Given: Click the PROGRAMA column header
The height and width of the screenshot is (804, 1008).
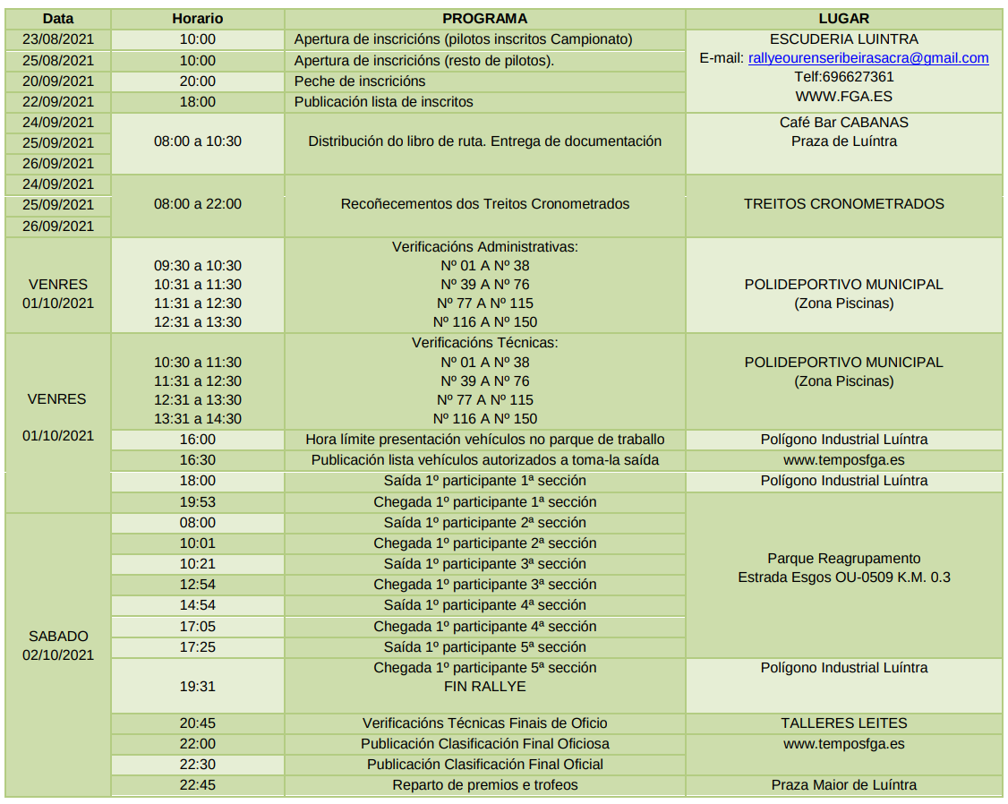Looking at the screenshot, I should [484, 19].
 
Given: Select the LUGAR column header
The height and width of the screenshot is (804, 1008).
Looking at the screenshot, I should [843, 19].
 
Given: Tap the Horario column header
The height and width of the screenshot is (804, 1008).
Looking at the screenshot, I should [197, 19].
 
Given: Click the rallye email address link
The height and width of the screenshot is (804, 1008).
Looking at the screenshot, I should [867, 58].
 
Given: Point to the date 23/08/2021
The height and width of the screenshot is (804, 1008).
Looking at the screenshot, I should [58, 39].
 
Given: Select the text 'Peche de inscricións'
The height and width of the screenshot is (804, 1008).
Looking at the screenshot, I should [360, 81].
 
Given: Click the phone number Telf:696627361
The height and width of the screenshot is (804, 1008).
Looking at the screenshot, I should [843, 77].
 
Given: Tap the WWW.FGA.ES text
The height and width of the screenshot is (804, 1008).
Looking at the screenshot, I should [843, 96].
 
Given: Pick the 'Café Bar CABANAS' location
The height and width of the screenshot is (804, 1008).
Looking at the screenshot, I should [843, 122].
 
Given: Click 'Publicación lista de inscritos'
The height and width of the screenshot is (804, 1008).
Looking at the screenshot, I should [383, 102].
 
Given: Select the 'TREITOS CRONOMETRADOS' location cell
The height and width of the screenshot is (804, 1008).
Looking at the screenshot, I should [843, 204].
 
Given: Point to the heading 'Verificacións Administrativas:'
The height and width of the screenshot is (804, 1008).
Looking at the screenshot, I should [484, 246].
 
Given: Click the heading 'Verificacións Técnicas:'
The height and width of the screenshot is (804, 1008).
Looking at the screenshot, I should [484, 342].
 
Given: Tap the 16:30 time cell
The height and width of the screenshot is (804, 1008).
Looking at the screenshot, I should [197, 460].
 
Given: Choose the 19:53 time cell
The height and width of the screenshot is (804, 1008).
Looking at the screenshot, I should [197, 502].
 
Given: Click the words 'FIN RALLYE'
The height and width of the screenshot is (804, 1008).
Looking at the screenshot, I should [484, 687].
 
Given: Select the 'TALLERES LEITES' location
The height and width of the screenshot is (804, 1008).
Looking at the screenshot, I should [843, 723].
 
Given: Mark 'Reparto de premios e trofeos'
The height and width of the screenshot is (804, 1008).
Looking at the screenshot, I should [484, 785].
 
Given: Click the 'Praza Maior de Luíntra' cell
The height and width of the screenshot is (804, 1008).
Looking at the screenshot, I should [843, 785].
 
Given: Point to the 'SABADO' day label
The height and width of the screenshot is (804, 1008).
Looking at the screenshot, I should [58, 637].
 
